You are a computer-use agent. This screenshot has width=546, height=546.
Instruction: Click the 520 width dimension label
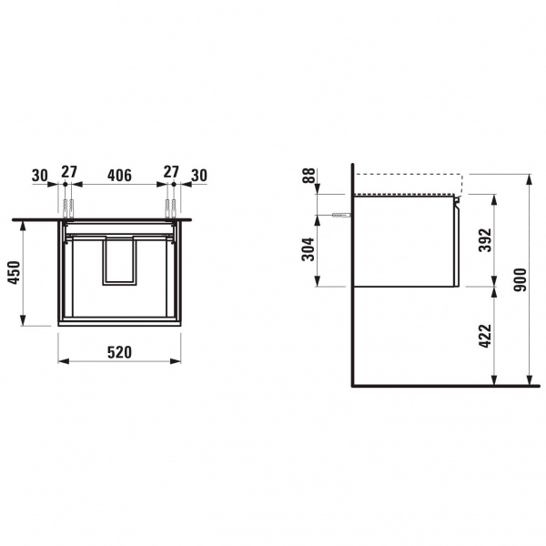[x=119, y=352]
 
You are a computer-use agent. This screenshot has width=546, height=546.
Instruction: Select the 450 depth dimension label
[x=15, y=272]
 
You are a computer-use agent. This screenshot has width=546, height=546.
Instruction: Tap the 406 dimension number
[x=119, y=175]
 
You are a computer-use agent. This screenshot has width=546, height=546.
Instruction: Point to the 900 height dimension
[x=521, y=279]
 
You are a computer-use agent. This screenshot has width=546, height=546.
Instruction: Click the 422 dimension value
[x=485, y=336]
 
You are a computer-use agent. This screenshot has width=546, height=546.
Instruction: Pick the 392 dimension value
[x=485, y=240]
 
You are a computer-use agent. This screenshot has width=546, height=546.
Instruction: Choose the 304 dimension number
[x=308, y=249]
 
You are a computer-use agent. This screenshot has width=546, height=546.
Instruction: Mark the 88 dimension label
[x=308, y=176]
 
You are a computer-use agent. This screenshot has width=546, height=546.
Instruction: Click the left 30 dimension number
[x=40, y=175]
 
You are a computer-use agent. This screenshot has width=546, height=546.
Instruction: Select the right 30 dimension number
[x=199, y=175]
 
